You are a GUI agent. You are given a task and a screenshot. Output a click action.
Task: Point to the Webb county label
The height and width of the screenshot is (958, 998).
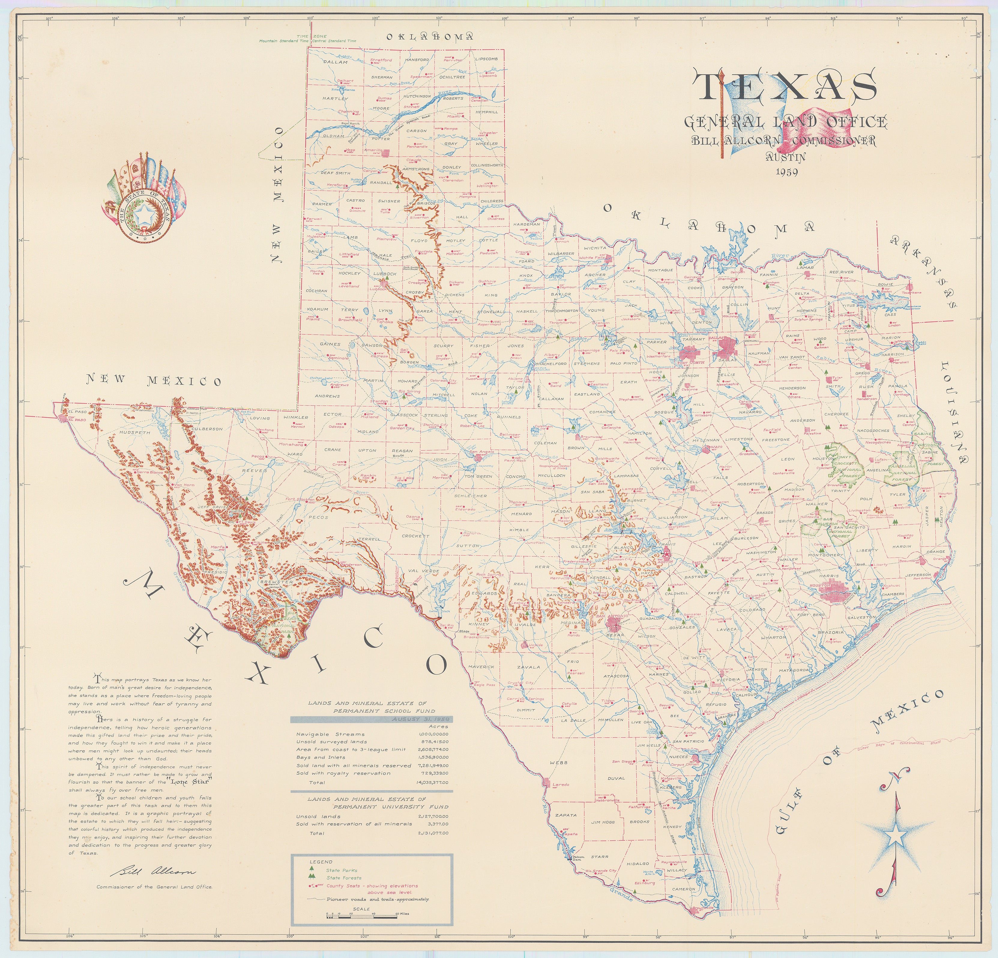click(x=558, y=762)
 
